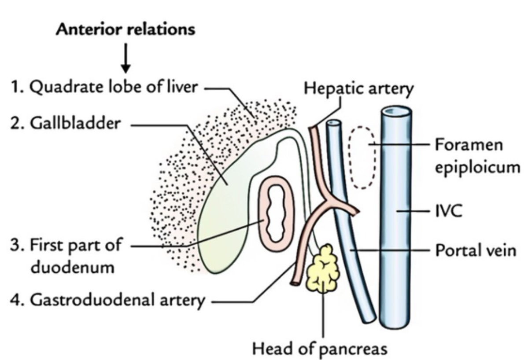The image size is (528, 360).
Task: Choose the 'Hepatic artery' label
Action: pos(359,89)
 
